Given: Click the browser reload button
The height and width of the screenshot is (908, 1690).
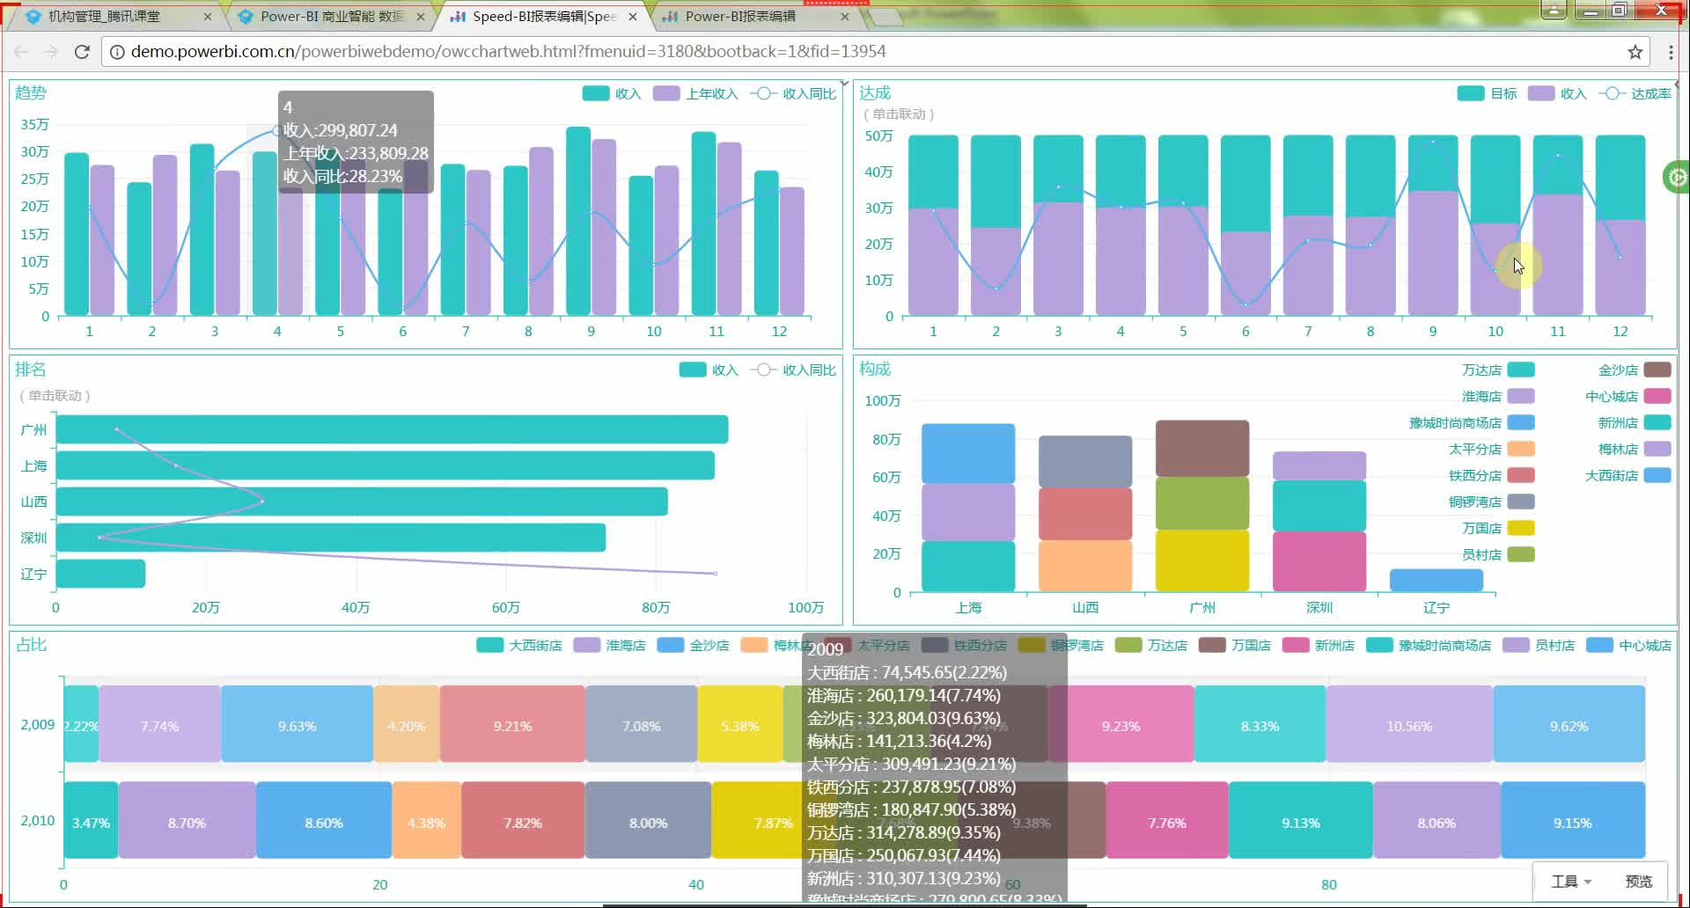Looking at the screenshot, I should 82,52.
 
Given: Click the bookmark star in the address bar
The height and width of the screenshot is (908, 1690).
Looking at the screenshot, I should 1635,52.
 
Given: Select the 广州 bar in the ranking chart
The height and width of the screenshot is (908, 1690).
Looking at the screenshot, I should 392,429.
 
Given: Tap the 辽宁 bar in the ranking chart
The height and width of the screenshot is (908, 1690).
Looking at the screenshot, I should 100,574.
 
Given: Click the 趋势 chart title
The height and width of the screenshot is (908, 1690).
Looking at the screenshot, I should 31,92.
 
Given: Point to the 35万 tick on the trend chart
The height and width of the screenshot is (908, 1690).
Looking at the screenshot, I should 35,124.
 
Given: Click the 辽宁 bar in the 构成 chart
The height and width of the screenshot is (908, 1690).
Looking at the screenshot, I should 1436,580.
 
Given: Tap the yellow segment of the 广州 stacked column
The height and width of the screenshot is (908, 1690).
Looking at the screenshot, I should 1201,560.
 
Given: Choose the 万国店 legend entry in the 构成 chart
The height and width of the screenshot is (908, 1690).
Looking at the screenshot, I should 1497,528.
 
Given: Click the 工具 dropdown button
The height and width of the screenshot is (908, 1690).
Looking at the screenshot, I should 1570,881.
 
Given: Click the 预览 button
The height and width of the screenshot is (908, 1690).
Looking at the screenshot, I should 1638,881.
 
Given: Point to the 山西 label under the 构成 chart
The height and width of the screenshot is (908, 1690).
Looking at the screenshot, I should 1085,607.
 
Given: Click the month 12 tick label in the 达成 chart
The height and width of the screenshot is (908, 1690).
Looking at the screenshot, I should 1620,331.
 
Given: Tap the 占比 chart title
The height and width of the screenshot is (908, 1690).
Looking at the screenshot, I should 31,645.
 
